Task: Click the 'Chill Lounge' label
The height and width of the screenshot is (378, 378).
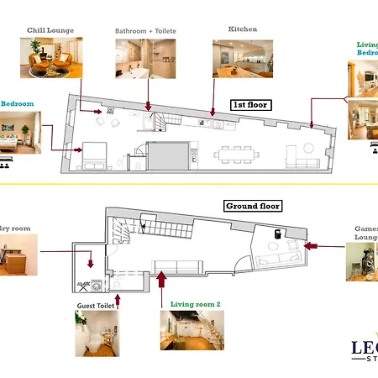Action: tap(50, 31)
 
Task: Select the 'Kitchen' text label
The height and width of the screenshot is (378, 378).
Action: tap(242, 29)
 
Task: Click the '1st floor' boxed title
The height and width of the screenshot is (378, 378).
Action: tap(249, 105)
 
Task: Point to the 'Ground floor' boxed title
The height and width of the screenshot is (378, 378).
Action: tap(252, 206)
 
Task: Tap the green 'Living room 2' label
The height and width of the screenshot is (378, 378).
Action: tap(195, 304)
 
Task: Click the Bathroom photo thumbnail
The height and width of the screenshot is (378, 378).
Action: tap(139, 60)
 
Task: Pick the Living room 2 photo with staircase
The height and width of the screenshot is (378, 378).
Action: tap(192, 330)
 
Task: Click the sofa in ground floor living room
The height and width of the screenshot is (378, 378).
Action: tap(176, 267)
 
